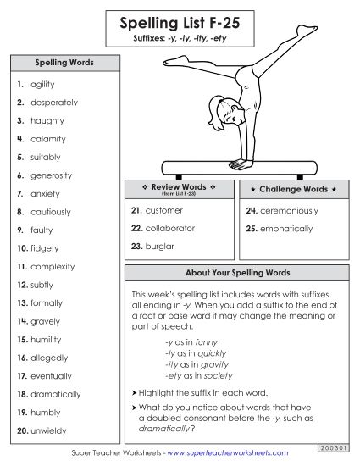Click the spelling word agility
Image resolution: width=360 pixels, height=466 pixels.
click(x=42, y=85)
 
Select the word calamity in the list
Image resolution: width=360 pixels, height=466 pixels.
click(x=47, y=139)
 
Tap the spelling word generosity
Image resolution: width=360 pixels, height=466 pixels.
click(x=51, y=175)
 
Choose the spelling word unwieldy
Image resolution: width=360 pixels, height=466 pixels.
click(x=47, y=430)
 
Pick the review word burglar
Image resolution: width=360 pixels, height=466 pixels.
click(x=160, y=247)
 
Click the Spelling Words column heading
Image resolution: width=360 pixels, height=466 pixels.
click(x=64, y=63)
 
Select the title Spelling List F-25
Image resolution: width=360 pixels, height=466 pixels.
click(x=179, y=25)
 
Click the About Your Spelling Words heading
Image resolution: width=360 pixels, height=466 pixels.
click(x=237, y=274)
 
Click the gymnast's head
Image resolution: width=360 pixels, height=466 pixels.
click(x=215, y=110)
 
